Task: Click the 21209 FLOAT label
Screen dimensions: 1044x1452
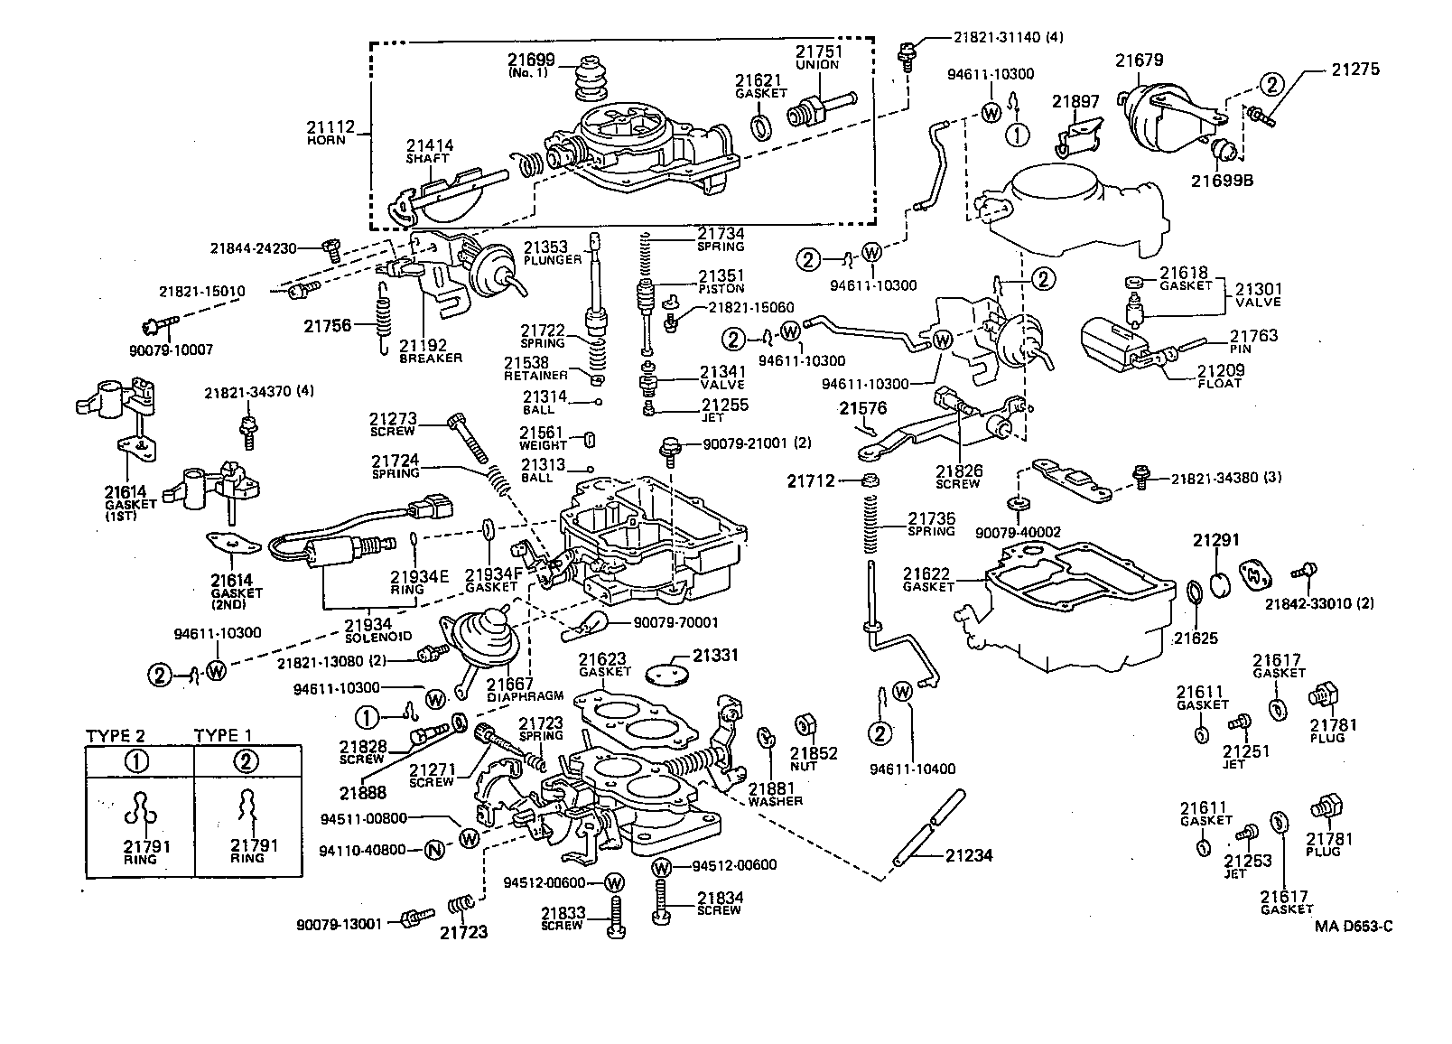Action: (1221, 376)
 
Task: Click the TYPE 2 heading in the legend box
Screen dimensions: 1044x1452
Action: (115, 735)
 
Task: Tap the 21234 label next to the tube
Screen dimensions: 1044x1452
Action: (969, 854)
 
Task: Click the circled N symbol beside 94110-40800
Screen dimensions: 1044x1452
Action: (434, 849)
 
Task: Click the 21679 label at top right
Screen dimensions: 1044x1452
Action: (1139, 61)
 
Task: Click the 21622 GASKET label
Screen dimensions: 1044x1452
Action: (929, 579)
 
